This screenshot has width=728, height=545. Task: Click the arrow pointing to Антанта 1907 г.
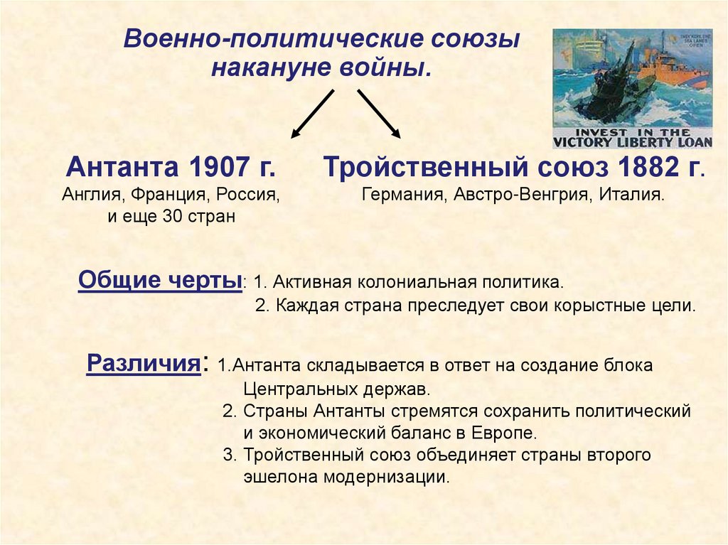tap(312, 113)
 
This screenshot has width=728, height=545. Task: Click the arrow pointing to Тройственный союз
tap(379, 113)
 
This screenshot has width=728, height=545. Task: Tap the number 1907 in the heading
tap(215, 168)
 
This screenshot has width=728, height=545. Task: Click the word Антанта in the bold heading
tap(122, 168)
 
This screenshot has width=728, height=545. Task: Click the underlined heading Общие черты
tap(159, 280)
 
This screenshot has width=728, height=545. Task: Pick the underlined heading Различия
tap(142, 364)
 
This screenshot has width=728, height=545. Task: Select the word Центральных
tap(291, 389)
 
